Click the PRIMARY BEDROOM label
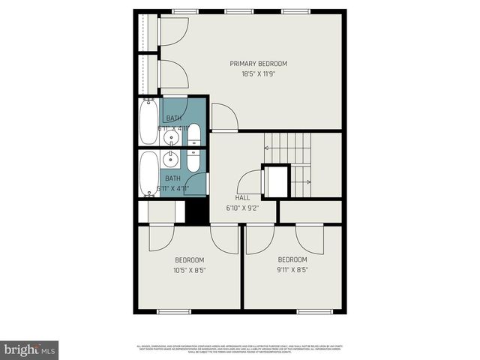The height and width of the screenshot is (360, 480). tap(258, 64)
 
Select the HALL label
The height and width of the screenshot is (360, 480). tap(242, 198)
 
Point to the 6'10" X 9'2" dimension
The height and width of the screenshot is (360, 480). tap(243, 208)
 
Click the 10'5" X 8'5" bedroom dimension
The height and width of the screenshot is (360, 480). tap(190, 270)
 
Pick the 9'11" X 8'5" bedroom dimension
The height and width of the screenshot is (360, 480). tap(292, 270)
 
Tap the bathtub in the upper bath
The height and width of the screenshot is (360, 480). tap(148, 122)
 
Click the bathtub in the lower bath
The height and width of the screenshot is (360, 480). tap(148, 173)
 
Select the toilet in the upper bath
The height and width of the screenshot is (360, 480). tap(193, 135)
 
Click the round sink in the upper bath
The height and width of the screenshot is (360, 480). tap(173, 137)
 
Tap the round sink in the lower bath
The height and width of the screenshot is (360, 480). tap(173, 159)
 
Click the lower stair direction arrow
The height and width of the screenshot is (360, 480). tap(301, 181)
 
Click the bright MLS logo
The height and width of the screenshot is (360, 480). tap(30, 349)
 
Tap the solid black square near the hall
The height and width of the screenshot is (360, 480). tap(196, 209)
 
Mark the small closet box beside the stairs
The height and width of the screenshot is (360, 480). tap(275, 181)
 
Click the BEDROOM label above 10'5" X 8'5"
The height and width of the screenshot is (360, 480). tap(190, 259)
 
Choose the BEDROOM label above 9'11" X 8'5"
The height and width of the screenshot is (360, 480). tap(292, 259)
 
